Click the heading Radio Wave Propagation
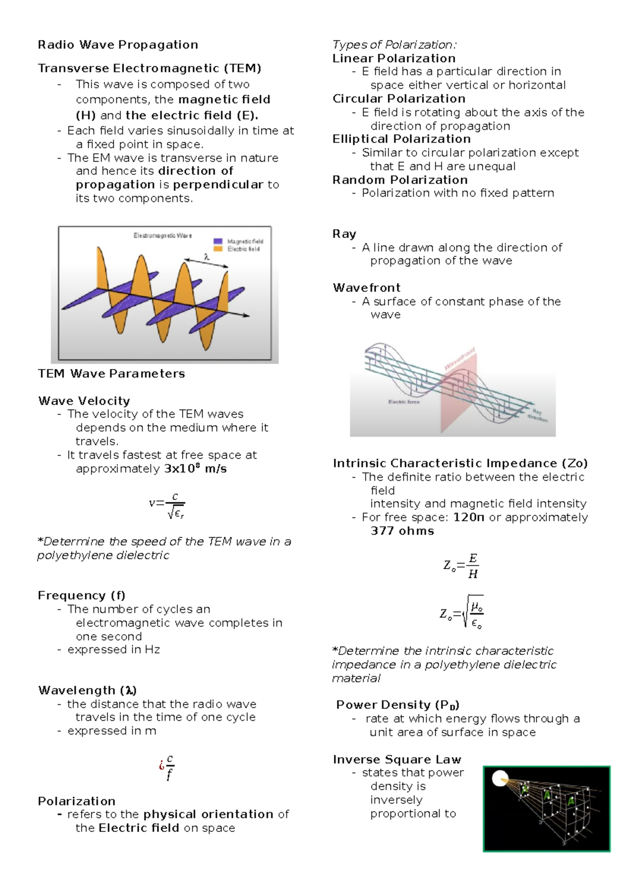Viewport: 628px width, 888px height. tap(118, 45)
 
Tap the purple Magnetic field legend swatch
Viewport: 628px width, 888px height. tap(218, 241)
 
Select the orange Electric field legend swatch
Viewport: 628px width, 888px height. tap(218, 249)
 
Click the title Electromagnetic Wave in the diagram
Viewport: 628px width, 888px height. tap(162, 236)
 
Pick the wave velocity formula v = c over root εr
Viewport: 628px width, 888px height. tap(167, 505)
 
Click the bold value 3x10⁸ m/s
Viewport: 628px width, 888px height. tap(196, 469)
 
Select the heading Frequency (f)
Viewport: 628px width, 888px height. tap(81, 595)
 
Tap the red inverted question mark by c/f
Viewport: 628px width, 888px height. tap(161, 765)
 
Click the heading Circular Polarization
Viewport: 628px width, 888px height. tap(398, 98)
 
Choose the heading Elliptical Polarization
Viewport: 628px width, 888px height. tap(401, 139)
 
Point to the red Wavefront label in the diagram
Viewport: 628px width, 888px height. tap(459, 358)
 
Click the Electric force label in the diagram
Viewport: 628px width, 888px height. tap(403, 402)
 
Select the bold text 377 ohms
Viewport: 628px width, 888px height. tap(402, 531)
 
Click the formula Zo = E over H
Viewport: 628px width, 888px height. tap(461, 566)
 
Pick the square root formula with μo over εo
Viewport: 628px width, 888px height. tap(461, 612)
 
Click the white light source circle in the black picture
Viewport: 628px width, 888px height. tap(500, 779)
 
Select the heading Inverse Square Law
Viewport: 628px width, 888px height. tap(397, 759)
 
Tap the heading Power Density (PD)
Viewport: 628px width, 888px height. tap(397, 705)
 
